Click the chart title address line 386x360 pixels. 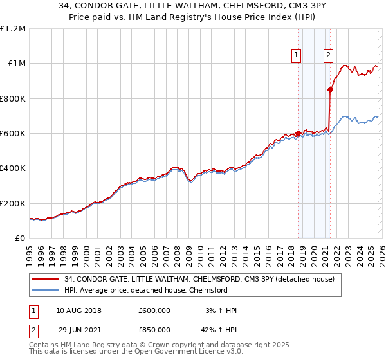[x=193, y=7]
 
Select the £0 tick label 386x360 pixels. [x=19, y=239]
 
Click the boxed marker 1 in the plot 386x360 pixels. [x=297, y=55]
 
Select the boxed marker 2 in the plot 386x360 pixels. [x=328, y=55]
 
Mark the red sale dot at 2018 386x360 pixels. [x=298, y=134]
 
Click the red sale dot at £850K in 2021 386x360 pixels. [x=331, y=90]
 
